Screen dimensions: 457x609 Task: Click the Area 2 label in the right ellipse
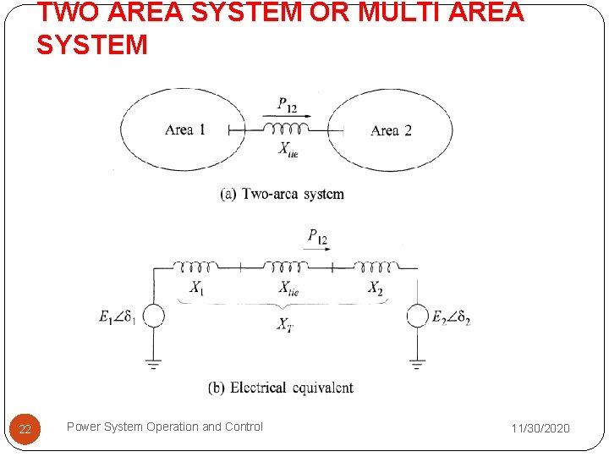point(391,130)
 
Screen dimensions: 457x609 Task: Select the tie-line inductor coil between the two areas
point(285,128)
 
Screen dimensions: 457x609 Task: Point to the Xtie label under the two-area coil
point(288,149)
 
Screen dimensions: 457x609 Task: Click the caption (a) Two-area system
point(283,194)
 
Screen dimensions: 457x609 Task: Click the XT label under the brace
point(286,323)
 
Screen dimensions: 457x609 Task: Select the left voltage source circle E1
point(153,317)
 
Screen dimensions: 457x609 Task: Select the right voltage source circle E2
point(417,317)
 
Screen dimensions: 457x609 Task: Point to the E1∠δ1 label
point(117,318)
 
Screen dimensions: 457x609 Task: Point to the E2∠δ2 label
point(451,318)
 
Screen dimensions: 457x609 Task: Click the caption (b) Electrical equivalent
point(281,388)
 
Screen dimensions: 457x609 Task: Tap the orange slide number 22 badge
point(25,429)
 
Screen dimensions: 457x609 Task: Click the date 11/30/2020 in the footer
point(540,428)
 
